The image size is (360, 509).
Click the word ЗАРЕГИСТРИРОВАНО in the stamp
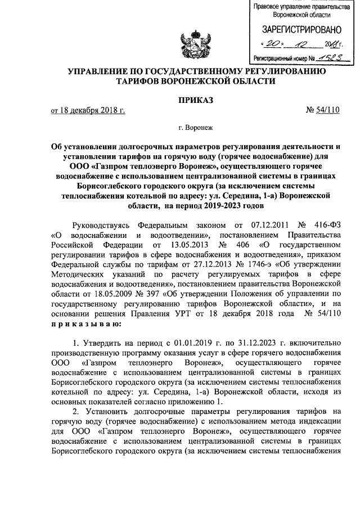(x=296, y=29)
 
